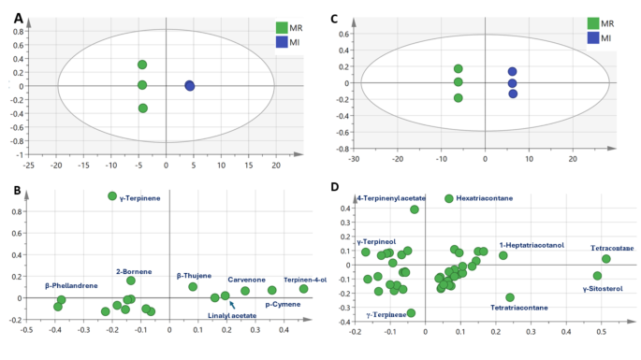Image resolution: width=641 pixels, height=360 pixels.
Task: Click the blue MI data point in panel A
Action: [190, 86]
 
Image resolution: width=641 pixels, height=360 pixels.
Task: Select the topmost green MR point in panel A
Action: [142, 65]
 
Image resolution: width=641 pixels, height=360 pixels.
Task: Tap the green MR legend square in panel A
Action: [282, 27]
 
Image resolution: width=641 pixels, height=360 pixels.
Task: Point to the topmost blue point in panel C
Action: [512, 72]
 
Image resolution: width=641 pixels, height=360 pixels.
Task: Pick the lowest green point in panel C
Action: [459, 97]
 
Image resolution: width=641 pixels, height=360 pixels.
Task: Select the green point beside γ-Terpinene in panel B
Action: [112, 196]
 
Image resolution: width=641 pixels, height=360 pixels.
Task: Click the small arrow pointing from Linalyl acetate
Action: [232, 304]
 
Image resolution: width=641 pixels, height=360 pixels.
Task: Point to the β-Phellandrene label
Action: [71, 285]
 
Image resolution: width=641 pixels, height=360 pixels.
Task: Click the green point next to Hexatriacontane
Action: [449, 198]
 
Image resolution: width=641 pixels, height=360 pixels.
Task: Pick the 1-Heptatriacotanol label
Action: [532, 245]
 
